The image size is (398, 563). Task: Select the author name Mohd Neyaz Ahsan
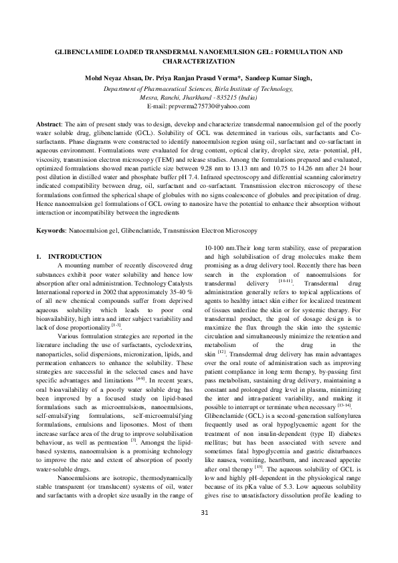pyautogui.click(x=116, y=78)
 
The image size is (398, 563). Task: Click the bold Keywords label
pyautogui.click(x=51, y=230)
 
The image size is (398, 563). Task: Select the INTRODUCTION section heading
pyautogui.click(x=75, y=257)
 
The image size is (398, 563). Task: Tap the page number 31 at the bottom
pyautogui.click(x=199, y=532)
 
